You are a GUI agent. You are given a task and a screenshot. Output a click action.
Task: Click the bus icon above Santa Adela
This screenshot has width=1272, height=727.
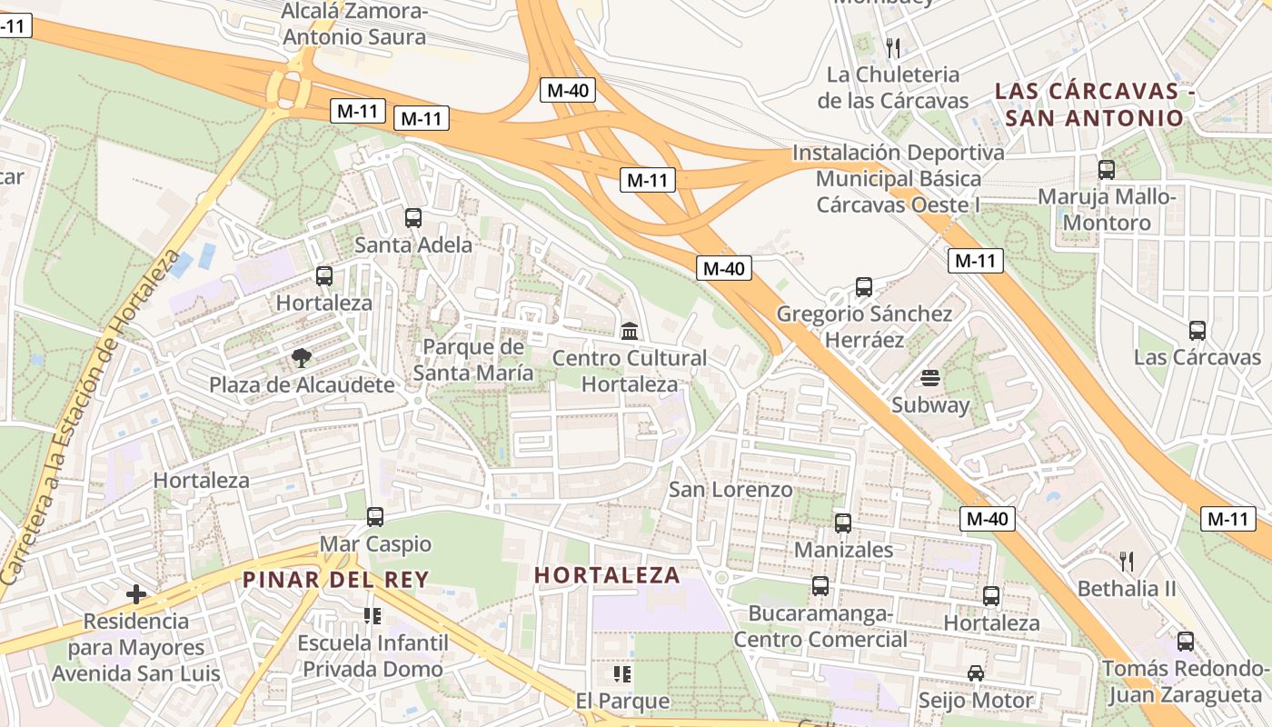pos(413,218)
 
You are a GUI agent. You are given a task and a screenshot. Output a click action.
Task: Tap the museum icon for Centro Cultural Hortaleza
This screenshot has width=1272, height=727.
pos(630,331)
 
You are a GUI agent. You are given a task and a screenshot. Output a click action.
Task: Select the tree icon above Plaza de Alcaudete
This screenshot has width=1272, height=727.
pos(302,358)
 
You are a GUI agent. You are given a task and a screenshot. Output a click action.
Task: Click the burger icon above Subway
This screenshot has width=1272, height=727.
pos(929,378)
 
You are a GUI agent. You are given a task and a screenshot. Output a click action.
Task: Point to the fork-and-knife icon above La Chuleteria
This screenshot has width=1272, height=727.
pos(893,47)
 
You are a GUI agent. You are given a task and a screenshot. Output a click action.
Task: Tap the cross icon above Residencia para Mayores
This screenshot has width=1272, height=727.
pos(136,594)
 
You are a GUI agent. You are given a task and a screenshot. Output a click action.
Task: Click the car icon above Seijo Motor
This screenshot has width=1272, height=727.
pos(976,673)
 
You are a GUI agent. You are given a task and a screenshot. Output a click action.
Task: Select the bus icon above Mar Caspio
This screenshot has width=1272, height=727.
pos(375,517)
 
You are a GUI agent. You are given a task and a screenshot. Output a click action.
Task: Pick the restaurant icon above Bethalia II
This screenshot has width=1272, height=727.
pos(1127,561)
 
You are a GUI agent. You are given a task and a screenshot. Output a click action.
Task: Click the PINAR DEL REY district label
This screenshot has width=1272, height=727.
pos(335,579)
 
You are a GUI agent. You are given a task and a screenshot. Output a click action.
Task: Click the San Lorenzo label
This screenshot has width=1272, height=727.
pos(730,490)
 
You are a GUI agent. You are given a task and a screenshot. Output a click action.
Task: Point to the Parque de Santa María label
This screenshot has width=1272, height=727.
pos(473,360)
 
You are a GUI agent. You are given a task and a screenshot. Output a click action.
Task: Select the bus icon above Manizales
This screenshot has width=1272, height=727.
pos(843,523)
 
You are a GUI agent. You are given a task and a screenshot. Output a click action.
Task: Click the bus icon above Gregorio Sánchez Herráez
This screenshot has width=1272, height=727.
pos(864,287)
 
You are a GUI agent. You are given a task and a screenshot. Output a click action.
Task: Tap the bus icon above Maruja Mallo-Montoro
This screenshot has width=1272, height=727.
pos(1107,170)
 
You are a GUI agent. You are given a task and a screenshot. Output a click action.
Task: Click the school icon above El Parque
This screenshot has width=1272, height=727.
pos(622,674)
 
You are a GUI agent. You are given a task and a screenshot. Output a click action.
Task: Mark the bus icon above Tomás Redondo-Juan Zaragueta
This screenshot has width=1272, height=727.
pos(1186,642)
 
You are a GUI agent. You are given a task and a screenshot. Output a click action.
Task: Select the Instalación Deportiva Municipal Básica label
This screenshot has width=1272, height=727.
pos(898,178)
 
